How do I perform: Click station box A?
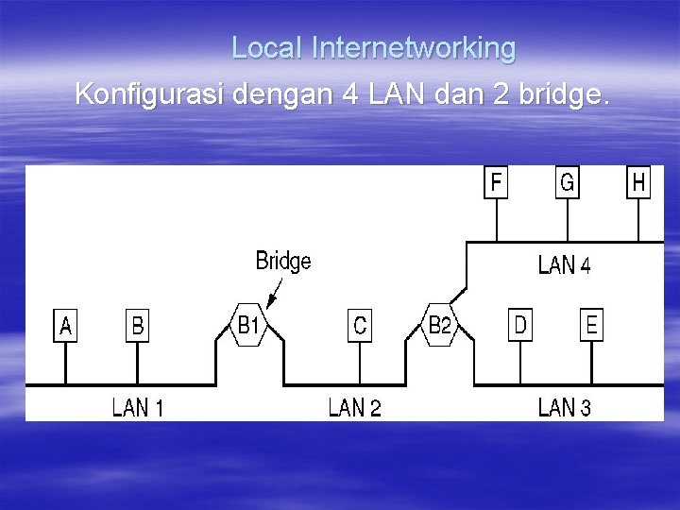coord(65,326)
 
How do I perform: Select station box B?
coord(138,326)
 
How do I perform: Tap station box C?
coord(359,326)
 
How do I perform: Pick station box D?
coord(519,326)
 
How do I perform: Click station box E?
coord(591,326)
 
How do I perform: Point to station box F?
coord(496,182)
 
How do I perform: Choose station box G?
coord(567,182)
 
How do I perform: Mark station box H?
coord(638,182)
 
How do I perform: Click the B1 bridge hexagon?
coord(248,326)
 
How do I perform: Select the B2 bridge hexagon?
coord(440,326)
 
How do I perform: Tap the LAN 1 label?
coord(138,408)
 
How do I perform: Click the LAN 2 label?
coord(355,408)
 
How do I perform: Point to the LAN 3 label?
coord(565,408)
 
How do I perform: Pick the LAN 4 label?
coord(565,265)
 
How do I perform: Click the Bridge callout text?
coord(283,261)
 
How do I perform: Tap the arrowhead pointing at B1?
coord(270,303)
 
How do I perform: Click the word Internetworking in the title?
coord(414,47)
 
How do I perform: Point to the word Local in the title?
coord(267,47)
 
